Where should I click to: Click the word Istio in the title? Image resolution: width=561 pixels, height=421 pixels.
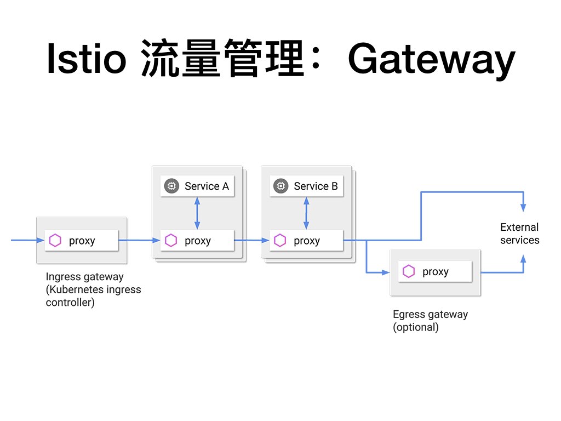click(x=86, y=59)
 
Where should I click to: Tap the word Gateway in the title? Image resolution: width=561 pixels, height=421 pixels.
click(x=431, y=59)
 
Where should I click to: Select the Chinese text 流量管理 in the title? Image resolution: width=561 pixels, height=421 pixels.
click(x=222, y=59)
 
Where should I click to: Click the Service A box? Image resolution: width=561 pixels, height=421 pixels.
click(x=197, y=186)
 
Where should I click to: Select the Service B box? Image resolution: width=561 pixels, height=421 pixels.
click(x=306, y=186)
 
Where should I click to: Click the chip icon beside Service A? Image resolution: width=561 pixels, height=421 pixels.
click(x=171, y=186)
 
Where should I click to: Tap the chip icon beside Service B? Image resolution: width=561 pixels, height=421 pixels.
click(x=280, y=186)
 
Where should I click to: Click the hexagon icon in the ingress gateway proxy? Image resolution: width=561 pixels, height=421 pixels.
click(x=55, y=240)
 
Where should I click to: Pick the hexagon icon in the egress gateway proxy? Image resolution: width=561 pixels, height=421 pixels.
click(x=408, y=271)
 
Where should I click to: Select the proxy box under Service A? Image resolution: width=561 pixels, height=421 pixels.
click(x=197, y=240)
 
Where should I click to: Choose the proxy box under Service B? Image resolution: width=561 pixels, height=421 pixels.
click(x=306, y=240)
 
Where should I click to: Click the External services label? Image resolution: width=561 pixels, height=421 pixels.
click(x=519, y=234)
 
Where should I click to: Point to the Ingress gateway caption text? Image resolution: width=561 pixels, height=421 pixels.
click(x=84, y=277)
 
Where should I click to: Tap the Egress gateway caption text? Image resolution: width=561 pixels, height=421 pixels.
click(x=430, y=315)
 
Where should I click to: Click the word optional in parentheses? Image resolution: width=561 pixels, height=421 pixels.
click(x=416, y=327)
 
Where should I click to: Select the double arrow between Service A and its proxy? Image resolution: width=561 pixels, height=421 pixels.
click(x=197, y=213)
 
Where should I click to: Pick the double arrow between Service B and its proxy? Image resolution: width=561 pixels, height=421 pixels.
click(x=306, y=213)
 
